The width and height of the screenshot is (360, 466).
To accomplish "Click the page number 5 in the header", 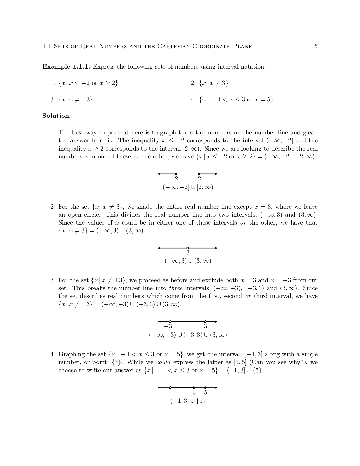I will pos(316,46).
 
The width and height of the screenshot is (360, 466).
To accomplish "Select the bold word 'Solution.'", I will pos(56,116).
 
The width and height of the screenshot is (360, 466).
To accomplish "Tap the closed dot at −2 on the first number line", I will pos(176,174).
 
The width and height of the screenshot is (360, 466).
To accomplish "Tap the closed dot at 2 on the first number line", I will pos(199,174).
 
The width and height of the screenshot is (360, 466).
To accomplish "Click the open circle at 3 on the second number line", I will pos(188,248).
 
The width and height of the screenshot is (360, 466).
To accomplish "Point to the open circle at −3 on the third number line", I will pos(170,321).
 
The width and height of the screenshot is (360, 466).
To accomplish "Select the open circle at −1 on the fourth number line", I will pos(170,388).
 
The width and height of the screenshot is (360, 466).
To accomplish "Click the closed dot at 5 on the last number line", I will pos(205,388).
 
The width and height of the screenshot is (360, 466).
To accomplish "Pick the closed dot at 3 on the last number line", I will pos(194,388).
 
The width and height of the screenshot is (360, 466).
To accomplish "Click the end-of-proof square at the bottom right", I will pos(315,399).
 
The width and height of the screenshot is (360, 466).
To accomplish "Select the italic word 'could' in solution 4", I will pos(163,362).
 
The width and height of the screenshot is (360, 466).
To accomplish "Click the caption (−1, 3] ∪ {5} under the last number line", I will pos(188,401).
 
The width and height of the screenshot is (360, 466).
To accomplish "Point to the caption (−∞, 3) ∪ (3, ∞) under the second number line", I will pos(188,261).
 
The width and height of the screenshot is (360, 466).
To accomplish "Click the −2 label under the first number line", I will pos(174,179).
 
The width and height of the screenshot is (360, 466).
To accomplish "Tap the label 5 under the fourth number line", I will pos(206,393).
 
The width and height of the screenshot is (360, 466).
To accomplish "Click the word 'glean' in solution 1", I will pos(310,132).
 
